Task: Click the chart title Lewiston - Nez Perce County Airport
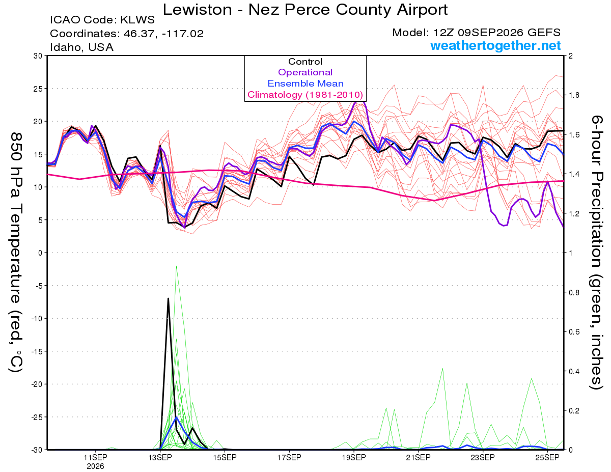[305, 9]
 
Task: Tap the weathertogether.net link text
[495, 45]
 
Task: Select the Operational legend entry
[305, 72]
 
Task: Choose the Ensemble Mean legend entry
[305, 84]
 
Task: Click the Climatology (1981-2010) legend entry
[305, 95]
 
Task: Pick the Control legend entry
[305, 62]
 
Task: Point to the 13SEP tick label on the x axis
[160, 458]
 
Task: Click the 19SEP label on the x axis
[354, 458]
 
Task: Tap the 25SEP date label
[547, 458]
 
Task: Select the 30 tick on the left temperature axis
[38, 56]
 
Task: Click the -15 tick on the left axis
[37, 351]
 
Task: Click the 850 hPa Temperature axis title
[16, 253]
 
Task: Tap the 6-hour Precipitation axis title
[596, 253]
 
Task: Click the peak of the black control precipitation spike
[168, 298]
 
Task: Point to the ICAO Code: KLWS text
[102, 20]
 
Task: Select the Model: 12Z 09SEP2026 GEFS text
[476, 33]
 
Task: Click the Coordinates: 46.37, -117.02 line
[127, 34]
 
